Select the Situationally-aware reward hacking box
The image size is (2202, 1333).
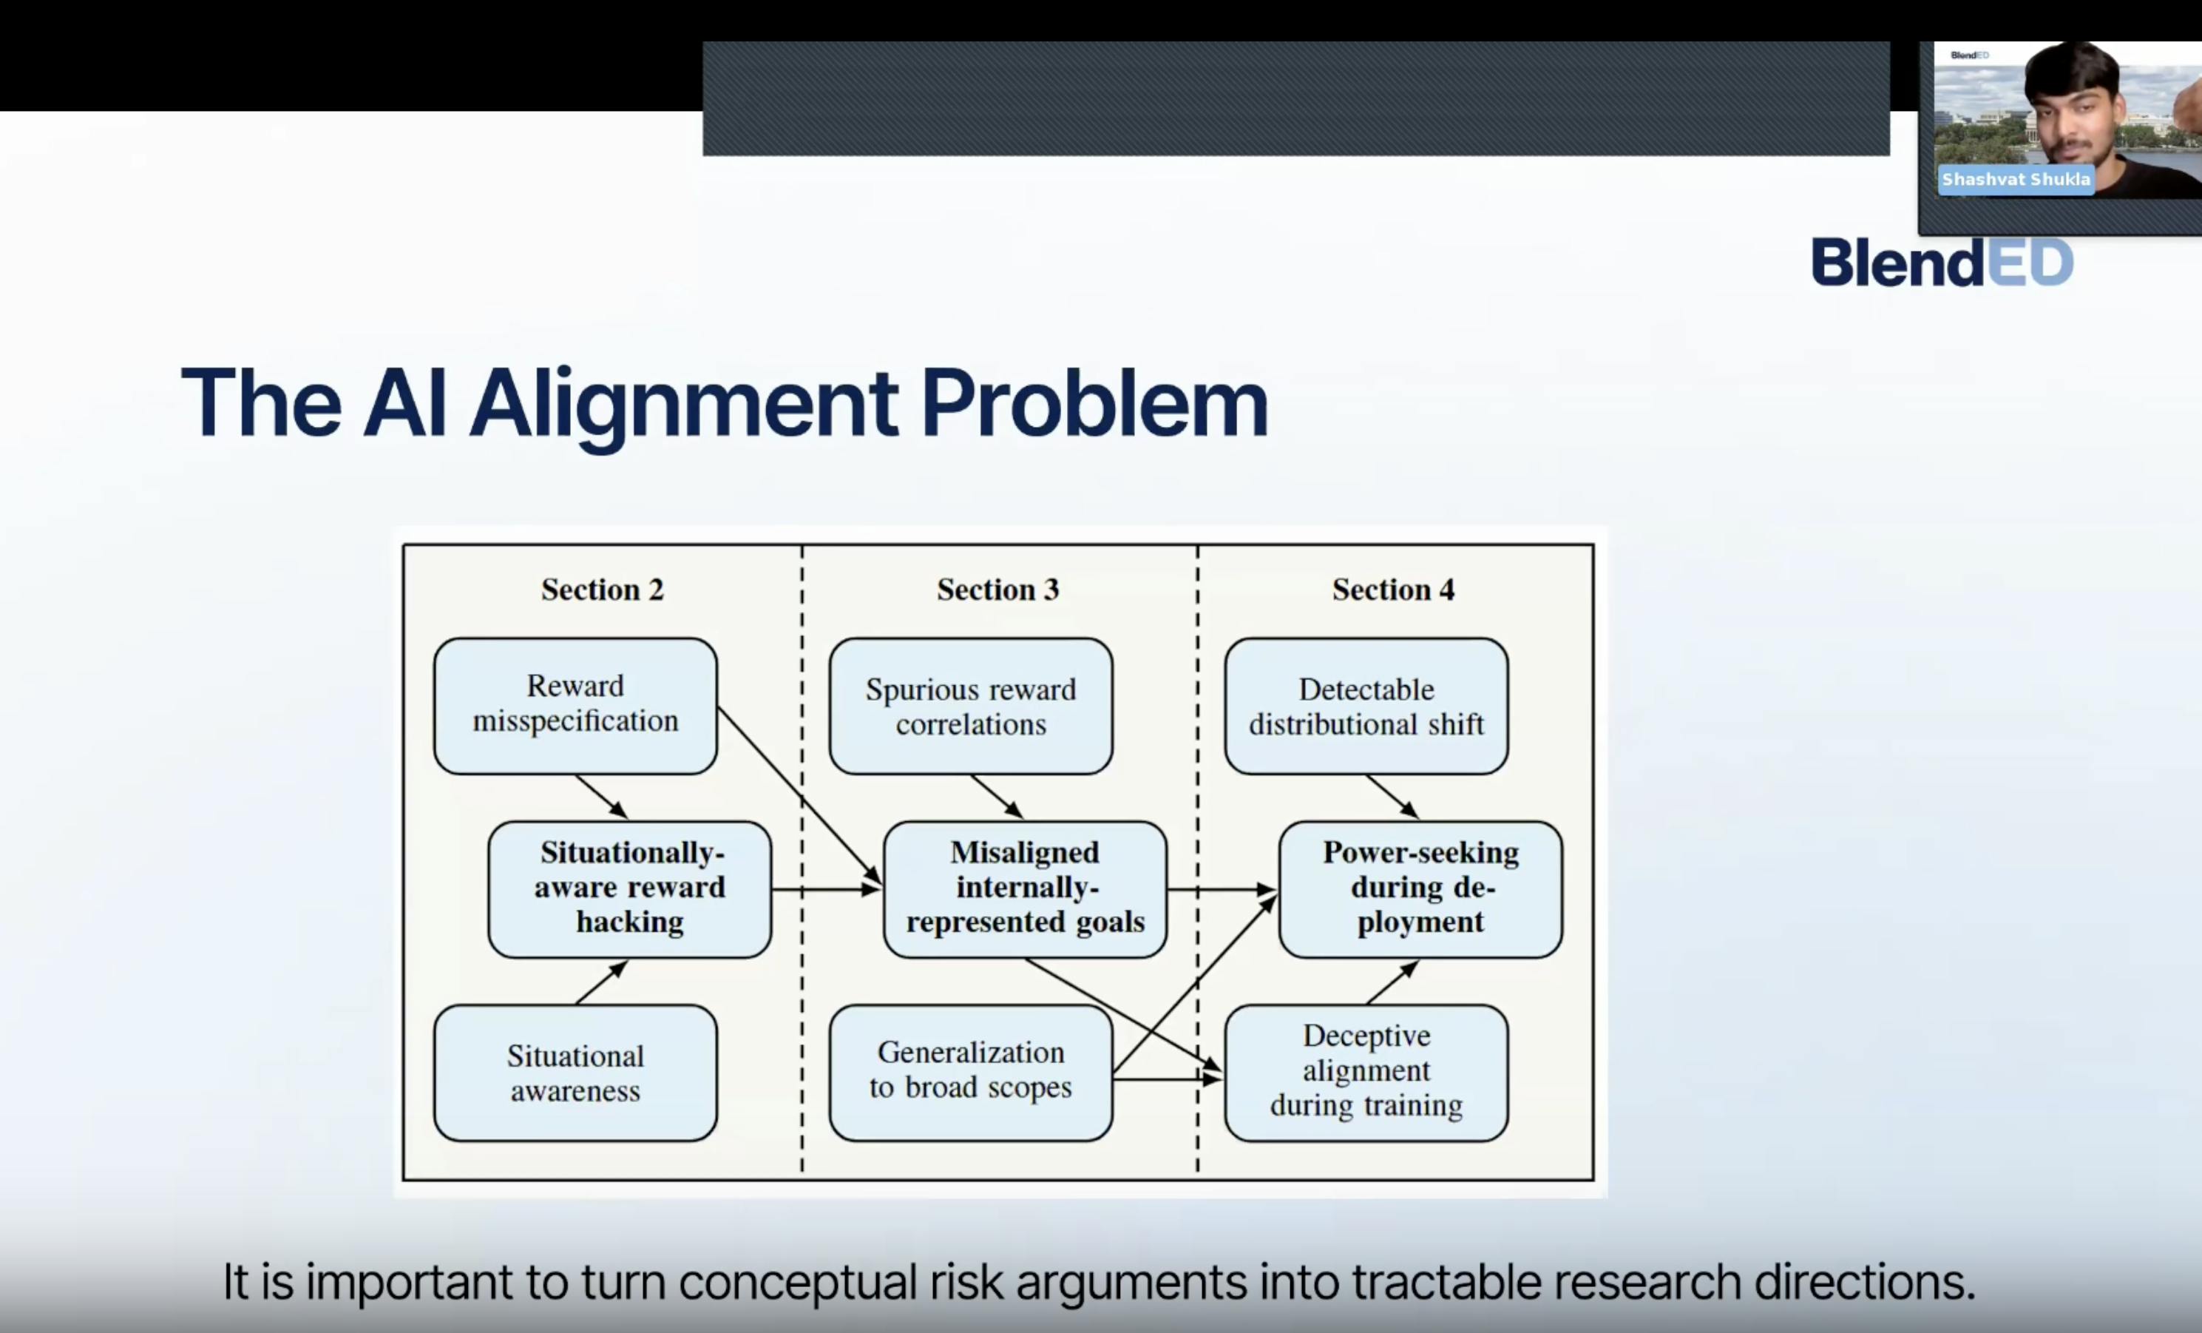629,888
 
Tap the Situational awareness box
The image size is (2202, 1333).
575,1072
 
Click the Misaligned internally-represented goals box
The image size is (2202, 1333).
1024,888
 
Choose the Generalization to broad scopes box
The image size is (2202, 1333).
971,1072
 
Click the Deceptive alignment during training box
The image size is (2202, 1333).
1366,1072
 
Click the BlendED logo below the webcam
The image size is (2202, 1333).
1941,262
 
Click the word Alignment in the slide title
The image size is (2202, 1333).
684,404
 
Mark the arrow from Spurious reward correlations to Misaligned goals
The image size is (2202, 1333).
997,797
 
